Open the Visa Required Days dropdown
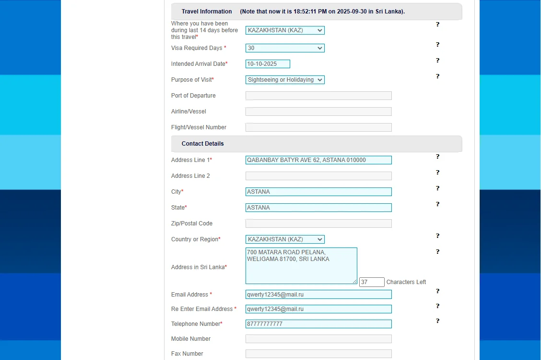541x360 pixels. pos(285,48)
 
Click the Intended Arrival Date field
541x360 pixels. pos(268,64)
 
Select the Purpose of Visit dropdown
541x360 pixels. pos(285,80)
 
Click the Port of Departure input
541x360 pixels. pos(318,96)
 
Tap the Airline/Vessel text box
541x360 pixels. pos(318,112)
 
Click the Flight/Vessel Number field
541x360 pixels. pos(318,127)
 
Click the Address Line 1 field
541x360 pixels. pos(318,160)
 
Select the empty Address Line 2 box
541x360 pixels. pos(318,176)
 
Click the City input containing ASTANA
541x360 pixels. pos(318,192)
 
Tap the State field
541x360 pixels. pos(318,208)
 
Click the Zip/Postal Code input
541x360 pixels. pos(318,223)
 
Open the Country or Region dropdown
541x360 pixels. pos(285,239)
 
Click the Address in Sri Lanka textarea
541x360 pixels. pos(301,266)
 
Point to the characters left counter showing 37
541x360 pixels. pos(372,282)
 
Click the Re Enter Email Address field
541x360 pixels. pos(318,309)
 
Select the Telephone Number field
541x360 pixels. pos(318,324)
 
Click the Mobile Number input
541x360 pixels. pos(318,339)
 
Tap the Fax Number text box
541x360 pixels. pos(318,354)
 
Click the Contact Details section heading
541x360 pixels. pos(203,144)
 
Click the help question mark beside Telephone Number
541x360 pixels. pos(437,321)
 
